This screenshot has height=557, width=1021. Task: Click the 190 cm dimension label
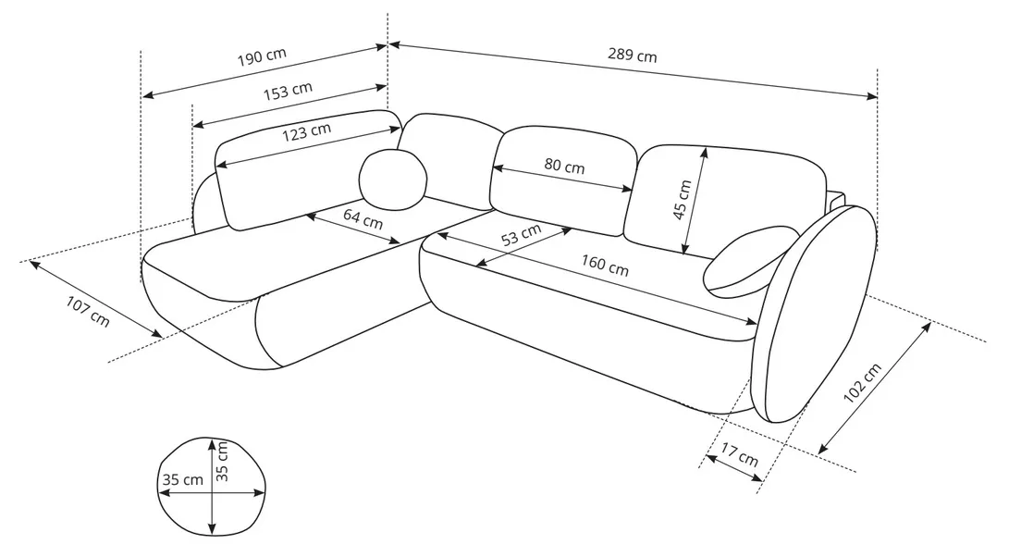point(263,56)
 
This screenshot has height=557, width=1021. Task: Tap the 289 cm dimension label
point(633,56)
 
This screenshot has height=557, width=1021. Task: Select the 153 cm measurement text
point(289,91)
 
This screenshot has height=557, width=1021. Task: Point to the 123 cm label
point(306,131)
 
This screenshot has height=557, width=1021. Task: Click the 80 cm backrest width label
point(564,167)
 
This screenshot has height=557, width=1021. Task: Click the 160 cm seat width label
point(605,266)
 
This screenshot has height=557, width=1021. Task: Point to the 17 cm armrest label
point(739,455)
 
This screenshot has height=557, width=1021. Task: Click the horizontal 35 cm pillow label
point(181,480)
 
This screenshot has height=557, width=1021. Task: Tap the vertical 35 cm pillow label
point(222,460)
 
